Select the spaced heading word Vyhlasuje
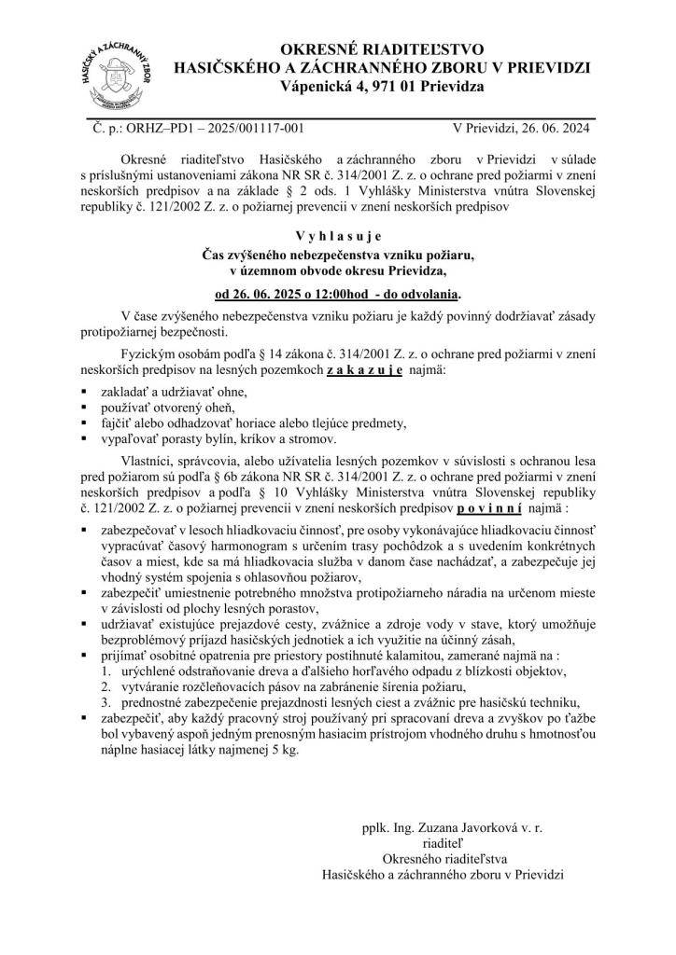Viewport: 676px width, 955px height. coord(338,236)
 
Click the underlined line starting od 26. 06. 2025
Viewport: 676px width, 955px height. coord(337,294)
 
